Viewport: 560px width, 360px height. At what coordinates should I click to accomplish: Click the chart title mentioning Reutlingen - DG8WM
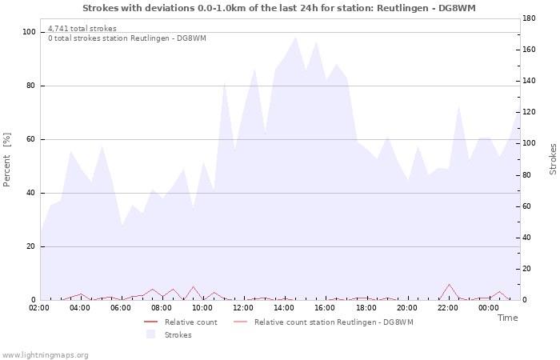(x=279, y=7)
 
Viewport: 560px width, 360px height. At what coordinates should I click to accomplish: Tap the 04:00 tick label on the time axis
(x=80, y=307)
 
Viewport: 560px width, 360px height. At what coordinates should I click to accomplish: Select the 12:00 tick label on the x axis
(x=243, y=307)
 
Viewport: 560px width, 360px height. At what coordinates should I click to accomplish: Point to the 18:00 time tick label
(x=366, y=307)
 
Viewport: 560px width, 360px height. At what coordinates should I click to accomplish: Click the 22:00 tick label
(x=447, y=307)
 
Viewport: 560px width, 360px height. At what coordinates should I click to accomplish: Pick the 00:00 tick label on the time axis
(x=488, y=307)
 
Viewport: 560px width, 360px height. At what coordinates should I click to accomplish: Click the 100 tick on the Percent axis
(x=30, y=32)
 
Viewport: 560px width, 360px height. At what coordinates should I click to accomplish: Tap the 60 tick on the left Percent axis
(x=31, y=139)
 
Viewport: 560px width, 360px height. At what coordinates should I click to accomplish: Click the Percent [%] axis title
(x=7, y=159)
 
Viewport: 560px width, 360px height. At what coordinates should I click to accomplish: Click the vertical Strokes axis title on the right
(x=553, y=159)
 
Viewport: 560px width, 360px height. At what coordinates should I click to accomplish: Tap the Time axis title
(x=507, y=318)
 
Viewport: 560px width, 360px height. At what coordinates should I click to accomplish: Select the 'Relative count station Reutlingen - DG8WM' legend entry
(x=333, y=322)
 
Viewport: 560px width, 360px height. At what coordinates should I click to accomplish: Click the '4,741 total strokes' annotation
(x=82, y=29)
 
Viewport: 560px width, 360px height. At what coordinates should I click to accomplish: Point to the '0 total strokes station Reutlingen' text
(x=126, y=38)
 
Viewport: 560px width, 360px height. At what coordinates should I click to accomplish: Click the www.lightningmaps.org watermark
(x=45, y=354)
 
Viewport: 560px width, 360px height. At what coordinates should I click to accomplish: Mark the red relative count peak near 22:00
(x=450, y=284)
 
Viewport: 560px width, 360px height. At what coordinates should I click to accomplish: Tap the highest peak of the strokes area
(x=295, y=36)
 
